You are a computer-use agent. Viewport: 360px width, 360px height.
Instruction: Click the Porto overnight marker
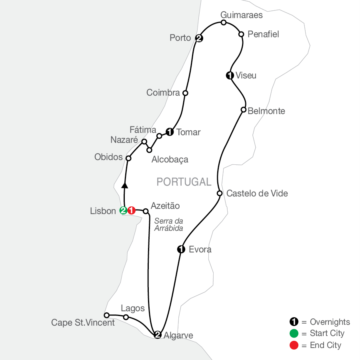click(199, 38)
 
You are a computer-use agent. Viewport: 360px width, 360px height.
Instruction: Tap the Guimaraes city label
click(242, 15)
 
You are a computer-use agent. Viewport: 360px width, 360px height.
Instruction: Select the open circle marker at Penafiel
click(241, 34)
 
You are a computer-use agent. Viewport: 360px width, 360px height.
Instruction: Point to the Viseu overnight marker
click(230, 75)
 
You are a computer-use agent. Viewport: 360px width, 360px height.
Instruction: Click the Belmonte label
click(266, 111)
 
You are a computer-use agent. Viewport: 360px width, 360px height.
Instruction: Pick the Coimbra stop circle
click(185, 93)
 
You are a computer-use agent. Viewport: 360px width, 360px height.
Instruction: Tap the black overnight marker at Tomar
click(169, 132)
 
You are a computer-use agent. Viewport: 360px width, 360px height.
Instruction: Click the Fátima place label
click(143, 130)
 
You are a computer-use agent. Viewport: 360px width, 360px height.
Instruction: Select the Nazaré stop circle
click(144, 142)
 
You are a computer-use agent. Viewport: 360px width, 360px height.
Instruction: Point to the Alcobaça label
click(170, 160)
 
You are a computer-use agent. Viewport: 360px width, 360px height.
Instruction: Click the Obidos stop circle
click(128, 158)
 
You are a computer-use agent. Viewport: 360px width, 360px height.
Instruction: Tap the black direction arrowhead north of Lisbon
click(125, 185)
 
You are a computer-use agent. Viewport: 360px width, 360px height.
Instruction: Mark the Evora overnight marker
click(181, 250)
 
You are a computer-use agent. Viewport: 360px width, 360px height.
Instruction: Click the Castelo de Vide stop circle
click(220, 194)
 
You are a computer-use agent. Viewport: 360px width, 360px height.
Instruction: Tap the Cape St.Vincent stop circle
click(106, 315)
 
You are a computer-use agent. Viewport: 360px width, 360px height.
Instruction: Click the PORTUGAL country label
click(184, 182)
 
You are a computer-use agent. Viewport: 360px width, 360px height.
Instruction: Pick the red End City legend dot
click(294, 345)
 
